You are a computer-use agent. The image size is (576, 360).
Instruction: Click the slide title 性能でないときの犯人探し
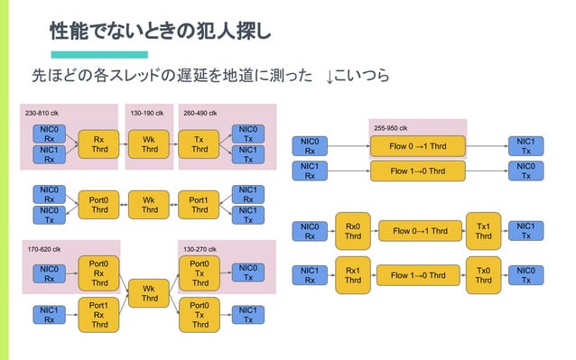[x=159, y=32]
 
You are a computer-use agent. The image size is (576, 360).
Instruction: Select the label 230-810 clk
[x=44, y=114]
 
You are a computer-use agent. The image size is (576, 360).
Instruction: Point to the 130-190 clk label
[x=146, y=114]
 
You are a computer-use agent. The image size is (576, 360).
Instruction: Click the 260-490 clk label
[x=203, y=114]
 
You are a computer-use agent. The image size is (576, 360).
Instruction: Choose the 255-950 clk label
[x=391, y=127]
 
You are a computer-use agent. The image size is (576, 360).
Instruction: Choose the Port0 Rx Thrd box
[x=99, y=273]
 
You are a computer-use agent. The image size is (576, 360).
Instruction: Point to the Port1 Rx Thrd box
[x=99, y=315]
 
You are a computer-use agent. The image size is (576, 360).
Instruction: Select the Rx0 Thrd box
[x=353, y=231]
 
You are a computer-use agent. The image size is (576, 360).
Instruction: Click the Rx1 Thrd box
[x=353, y=275]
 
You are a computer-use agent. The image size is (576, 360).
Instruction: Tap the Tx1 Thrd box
[x=483, y=231]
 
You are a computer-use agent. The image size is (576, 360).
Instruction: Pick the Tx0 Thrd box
[x=483, y=275]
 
